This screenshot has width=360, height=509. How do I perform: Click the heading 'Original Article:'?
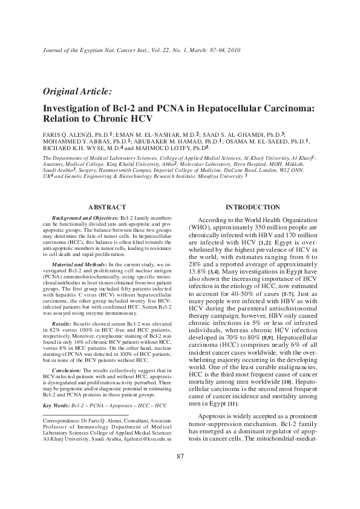pos(77,92)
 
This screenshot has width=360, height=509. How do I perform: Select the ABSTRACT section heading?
pos(107,207)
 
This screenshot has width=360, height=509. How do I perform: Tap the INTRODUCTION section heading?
pos(252,207)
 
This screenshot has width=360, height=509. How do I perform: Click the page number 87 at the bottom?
pos(180,473)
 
